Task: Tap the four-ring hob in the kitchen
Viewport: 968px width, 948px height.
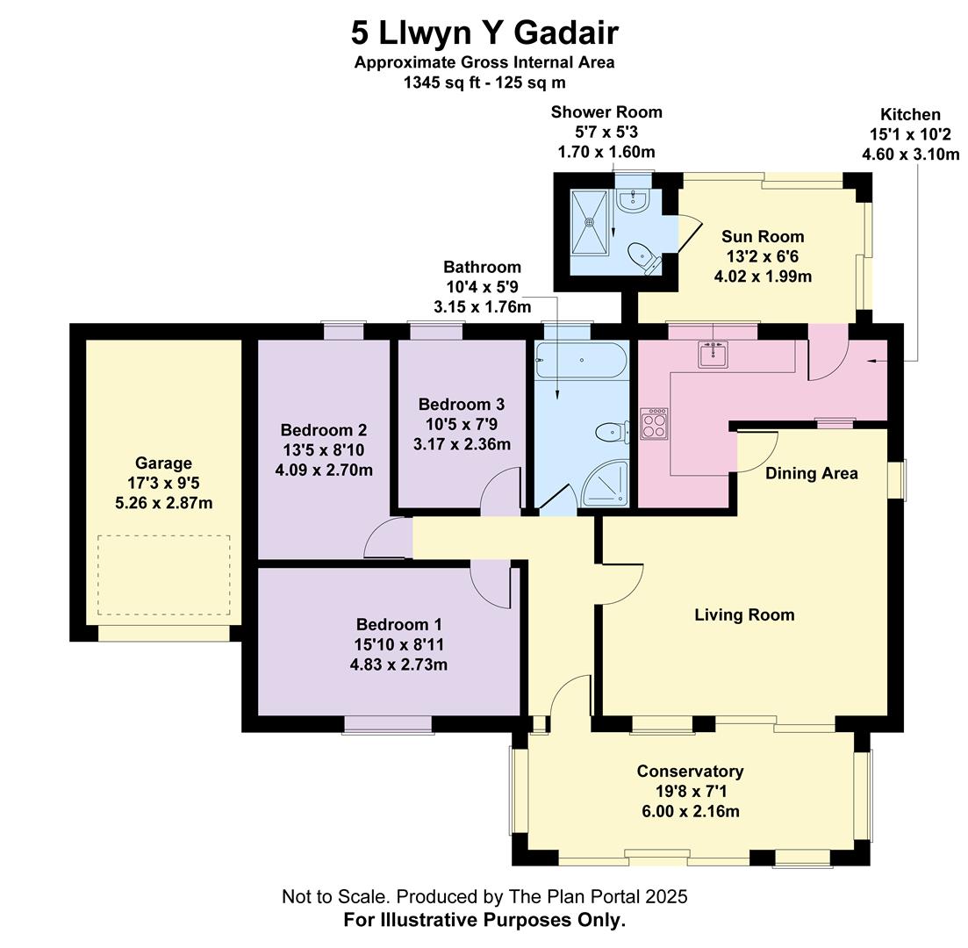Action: click(654, 424)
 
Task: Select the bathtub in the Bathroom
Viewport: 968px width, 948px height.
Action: click(581, 359)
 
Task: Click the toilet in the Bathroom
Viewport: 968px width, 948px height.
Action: click(613, 431)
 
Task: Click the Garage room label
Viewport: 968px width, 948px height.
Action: click(163, 463)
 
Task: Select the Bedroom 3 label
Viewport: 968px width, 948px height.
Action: click(462, 405)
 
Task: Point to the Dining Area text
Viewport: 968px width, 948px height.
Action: click(812, 474)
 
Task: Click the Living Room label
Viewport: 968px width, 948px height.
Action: click(744, 615)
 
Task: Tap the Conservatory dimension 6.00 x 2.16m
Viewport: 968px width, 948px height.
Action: click(691, 812)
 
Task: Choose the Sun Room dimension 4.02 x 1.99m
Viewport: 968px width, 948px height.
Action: click(763, 276)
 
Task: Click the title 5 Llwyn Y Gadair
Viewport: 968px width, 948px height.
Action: click(484, 33)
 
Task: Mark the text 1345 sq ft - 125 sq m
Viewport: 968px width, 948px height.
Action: click(484, 83)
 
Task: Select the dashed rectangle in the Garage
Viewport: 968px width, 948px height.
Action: click(164, 575)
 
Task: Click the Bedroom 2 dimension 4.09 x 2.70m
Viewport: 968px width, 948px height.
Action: click(324, 470)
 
